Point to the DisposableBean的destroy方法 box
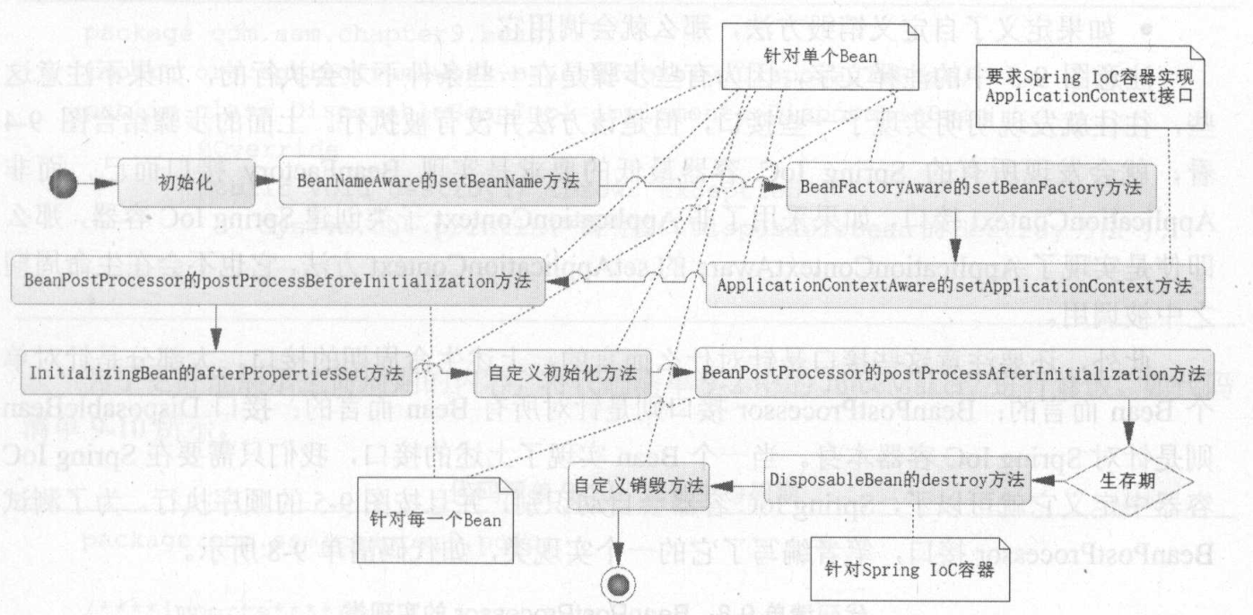click(x=896, y=481)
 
